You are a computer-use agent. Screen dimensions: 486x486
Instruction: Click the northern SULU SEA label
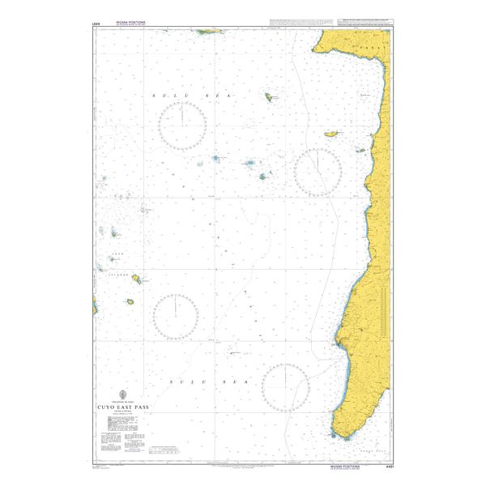pyautogui.click(x=193, y=96)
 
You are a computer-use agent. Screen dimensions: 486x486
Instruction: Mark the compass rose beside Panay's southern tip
pyautogui.click(x=285, y=386)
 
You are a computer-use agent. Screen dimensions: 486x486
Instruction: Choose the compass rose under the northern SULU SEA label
pyautogui.click(x=182, y=127)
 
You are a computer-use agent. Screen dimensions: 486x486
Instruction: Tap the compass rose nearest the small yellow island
pyautogui.click(x=317, y=172)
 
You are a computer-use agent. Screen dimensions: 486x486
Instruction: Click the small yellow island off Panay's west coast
pyautogui.click(x=330, y=134)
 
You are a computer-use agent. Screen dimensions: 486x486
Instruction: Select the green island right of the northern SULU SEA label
pyautogui.click(x=267, y=96)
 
